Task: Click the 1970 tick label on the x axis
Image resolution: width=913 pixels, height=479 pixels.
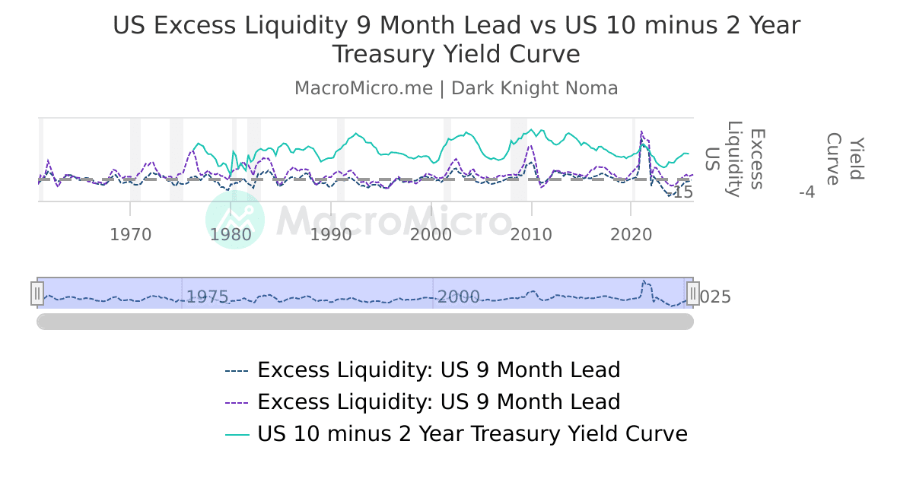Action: click(x=131, y=234)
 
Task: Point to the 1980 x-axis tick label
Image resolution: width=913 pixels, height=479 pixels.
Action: click(x=231, y=234)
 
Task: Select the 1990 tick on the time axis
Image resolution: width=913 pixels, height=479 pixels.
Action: click(x=331, y=234)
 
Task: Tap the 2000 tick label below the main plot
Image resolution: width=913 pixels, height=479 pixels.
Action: click(x=431, y=234)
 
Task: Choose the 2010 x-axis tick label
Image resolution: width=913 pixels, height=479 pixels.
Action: click(x=531, y=234)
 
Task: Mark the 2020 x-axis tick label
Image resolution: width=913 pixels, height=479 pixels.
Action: click(x=631, y=234)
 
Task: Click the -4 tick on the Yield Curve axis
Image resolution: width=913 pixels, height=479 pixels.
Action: click(x=806, y=192)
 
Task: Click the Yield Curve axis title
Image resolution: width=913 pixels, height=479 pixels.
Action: click(x=845, y=159)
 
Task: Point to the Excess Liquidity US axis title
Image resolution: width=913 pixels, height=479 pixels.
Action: click(x=734, y=159)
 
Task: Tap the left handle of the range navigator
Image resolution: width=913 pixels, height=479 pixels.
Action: click(x=37, y=293)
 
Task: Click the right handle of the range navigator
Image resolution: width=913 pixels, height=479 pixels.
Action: click(x=693, y=293)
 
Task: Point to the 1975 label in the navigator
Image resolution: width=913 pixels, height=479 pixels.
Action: click(x=207, y=297)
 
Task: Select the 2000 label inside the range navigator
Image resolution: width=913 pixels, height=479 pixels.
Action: click(x=458, y=297)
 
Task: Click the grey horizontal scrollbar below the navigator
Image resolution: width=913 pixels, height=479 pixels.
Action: click(x=365, y=322)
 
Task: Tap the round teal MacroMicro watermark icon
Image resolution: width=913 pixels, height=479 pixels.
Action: click(x=235, y=220)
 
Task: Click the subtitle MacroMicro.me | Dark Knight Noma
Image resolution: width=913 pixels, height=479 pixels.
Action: click(x=456, y=88)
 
